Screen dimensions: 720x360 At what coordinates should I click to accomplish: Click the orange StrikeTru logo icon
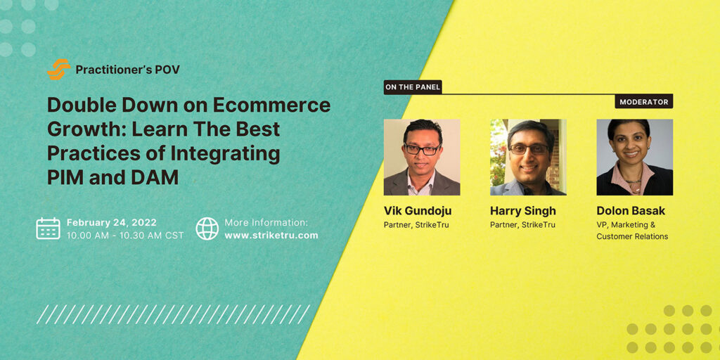[59, 70]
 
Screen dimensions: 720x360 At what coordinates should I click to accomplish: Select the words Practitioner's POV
[128, 70]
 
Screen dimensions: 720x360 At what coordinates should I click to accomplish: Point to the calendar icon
[49, 229]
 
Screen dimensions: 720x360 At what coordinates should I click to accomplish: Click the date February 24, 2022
[112, 223]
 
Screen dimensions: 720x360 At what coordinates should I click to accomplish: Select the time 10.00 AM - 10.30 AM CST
[125, 235]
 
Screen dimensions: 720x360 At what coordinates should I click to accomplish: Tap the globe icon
[207, 229]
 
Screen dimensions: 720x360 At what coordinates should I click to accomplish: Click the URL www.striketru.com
[271, 235]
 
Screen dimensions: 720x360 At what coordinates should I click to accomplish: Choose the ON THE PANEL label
[413, 87]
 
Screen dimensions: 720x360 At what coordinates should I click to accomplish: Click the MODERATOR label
[644, 101]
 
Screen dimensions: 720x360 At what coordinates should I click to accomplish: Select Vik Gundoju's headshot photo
[422, 157]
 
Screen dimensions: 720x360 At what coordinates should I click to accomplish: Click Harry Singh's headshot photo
[528, 157]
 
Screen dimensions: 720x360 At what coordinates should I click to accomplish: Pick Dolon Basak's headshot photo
[635, 157]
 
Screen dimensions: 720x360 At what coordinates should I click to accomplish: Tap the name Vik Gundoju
[418, 211]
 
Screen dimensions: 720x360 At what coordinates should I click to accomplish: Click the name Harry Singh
[523, 211]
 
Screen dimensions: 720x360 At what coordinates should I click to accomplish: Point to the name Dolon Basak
[631, 211]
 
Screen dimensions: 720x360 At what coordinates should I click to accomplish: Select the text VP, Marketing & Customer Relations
[632, 231]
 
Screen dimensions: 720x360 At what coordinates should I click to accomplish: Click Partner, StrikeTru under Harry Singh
[522, 225]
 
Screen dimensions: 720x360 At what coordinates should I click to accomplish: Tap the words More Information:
[266, 223]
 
